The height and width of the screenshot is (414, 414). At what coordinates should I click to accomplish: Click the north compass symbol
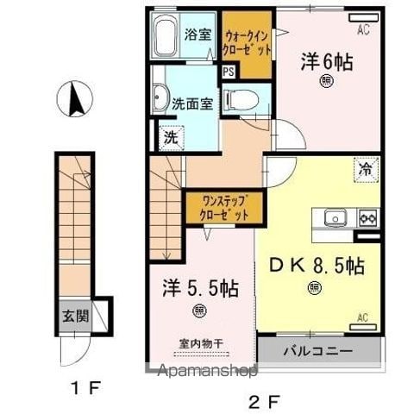(75, 99)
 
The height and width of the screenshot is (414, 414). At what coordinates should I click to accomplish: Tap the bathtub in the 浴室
(166, 35)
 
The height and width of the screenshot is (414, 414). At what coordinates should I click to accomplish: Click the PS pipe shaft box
(229, 72)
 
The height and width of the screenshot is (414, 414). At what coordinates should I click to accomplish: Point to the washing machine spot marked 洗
(172, 139)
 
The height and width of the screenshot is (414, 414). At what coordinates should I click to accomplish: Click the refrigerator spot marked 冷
(367, 170)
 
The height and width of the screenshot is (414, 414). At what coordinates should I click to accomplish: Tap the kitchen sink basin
(336, 217)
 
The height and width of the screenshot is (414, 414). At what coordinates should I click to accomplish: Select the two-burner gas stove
(368, 218)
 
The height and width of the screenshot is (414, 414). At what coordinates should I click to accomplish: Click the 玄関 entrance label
(76, 317)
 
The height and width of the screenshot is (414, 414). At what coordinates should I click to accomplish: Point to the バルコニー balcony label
(317, 351)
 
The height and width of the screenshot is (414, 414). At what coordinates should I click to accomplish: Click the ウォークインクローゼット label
(247, 43)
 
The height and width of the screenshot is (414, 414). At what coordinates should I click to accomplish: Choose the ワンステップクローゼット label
(224, 208)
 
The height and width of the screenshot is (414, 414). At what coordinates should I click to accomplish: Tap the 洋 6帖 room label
(327, 62)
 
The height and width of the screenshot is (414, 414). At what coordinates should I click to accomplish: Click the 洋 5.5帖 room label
(200, 288)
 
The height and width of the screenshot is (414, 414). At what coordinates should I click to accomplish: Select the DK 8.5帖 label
(317, 266)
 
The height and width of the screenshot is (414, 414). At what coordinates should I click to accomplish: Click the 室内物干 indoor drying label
(201, 343)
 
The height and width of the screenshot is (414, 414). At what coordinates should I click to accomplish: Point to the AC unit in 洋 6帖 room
(364, 18)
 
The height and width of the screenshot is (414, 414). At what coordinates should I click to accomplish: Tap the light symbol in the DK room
(315, 288)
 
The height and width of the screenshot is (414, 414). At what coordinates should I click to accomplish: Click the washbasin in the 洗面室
(160, 97)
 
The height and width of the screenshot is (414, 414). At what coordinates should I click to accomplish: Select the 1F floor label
(86, 389)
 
